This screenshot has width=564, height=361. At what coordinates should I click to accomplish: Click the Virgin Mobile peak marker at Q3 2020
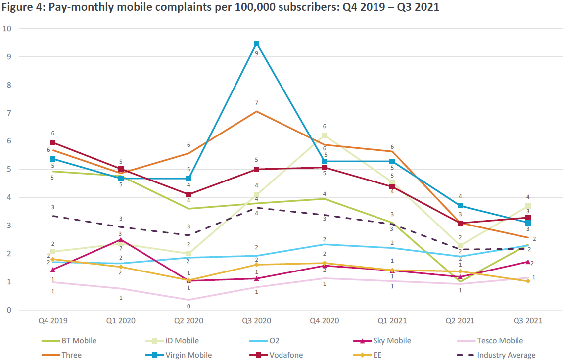[x=256, y=44]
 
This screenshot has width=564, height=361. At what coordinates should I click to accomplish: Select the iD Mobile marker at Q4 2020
[x=325, y=135]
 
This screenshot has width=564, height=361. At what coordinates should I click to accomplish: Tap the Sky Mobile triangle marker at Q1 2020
[x=121, y=240]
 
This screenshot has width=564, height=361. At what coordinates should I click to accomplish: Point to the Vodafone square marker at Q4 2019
[x=53, y=143]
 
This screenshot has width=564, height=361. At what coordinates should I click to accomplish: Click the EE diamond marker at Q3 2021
[x=528, y=281]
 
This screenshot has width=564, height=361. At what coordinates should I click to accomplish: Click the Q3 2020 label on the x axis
[x=256, y=321]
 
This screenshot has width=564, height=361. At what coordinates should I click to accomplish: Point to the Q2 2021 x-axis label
[x=460, y=321]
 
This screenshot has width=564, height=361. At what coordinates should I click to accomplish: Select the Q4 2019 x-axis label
[x=53, y=321]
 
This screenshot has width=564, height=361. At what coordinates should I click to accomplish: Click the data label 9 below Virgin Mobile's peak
[x=256, y=53]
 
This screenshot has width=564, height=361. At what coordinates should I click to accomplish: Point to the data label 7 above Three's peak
[x=256, y=103]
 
